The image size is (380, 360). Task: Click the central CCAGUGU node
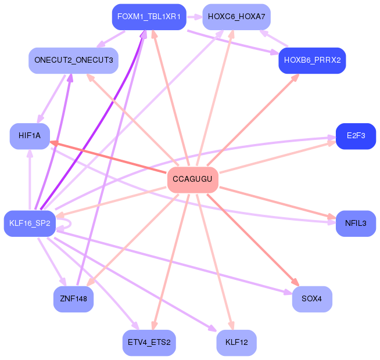[x=192, y=179]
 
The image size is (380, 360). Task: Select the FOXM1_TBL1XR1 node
[x=149, y=17]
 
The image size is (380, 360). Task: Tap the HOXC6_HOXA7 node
[x=236, y=17]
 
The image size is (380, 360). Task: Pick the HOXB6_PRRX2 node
[x=312, y=60]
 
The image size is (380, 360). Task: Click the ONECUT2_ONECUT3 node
[x=74, y=60]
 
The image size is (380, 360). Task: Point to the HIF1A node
[x=30, y=136]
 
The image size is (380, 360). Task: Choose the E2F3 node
[x=356, y=136]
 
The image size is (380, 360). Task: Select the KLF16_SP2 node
[x=30, y=224]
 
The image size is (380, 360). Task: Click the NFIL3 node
[x=356, y=224]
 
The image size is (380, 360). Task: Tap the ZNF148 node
[x=73, y=299]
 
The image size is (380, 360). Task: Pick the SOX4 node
[x=312, y=299]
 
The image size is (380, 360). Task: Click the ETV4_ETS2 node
[x=149, y=343]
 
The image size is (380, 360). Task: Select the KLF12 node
[x=236, y=343]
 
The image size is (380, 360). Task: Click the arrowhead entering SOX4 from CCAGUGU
[x=295, y=283]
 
